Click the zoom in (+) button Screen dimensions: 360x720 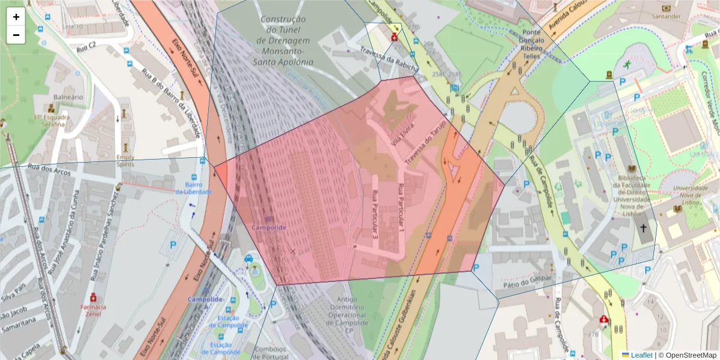tap(16, 17)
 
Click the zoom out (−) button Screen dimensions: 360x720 tap(16, 35)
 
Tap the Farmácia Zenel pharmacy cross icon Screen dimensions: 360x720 tap(93, 298)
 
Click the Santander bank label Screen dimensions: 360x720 tap(666, 16)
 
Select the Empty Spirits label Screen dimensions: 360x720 tap(125, 160)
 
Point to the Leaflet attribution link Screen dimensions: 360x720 tap(641, 355)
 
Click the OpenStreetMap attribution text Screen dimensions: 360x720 tap(689, 355)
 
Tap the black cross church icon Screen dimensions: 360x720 tap(643, 229)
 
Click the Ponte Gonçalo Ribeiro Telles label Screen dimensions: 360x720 tap(532, 43)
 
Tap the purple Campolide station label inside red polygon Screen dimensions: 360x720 tap(268, 227)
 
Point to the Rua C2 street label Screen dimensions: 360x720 tap(86, 46)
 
